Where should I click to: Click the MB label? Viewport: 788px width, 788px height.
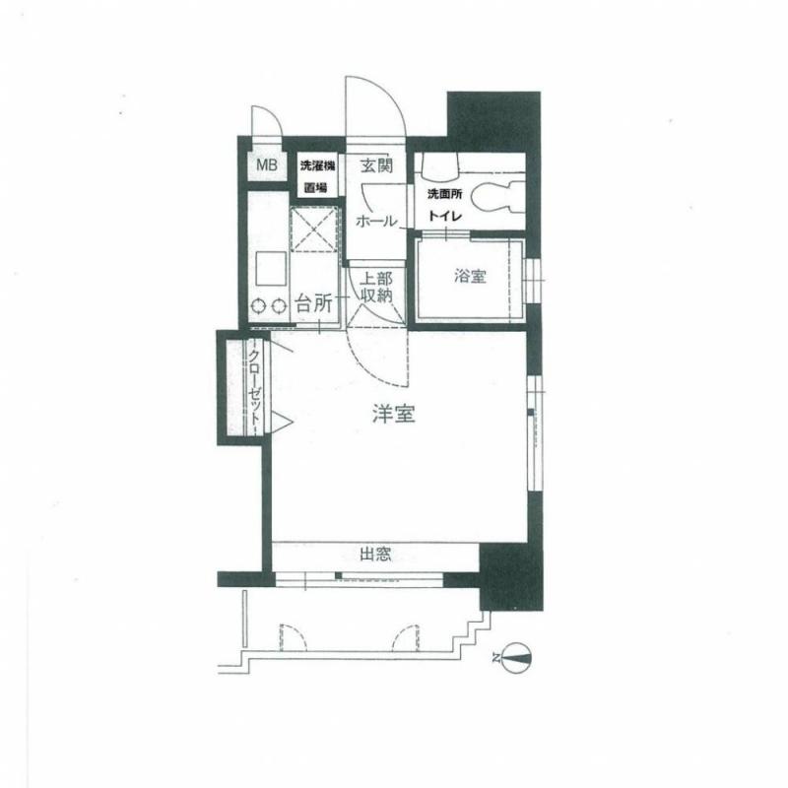(x=267, y=164)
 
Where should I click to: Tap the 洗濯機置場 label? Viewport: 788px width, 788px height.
(x=317, y=176)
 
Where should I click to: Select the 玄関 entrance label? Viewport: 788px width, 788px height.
(x=376, y=164)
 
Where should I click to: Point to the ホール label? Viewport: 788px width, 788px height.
(x=376, y=221)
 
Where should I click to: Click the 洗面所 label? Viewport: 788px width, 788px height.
(x=445, y=194)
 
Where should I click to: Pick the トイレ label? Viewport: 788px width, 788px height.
(x=445, y=216)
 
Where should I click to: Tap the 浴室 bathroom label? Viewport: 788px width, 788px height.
(x=470, y=276)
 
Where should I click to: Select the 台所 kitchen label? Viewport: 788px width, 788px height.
(x=314, y=303)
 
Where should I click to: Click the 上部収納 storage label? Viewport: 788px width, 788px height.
(x=377, y=287)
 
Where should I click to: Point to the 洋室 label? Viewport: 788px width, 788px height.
(x=393, y=414)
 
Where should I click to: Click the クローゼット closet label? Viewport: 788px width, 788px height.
(x=255, y=386)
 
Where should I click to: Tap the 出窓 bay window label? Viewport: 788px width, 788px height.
(x=375, y=555)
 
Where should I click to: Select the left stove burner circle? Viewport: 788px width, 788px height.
(x=259, y=305)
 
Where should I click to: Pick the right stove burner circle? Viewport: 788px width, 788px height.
(x=279, y=305)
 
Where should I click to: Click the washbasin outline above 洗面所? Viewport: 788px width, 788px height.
(x=440, y=165)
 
